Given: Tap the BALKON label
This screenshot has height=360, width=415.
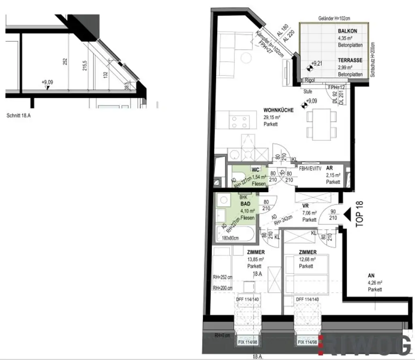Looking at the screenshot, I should pyautogui.click(x=347, y=31).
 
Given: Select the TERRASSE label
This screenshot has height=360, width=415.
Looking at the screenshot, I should pyautogui.click(x=350, y=60).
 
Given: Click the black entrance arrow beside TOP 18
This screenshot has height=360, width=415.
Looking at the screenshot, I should pyautogui.click(x=346, y=214).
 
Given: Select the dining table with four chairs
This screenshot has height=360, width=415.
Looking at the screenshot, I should pyautogui.click(x=321, y=124).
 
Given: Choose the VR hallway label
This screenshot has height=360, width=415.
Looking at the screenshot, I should pyautogui.click(x=306, y=206).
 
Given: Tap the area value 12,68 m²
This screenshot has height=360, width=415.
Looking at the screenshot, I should pyautogui.click(x=308, y=259).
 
